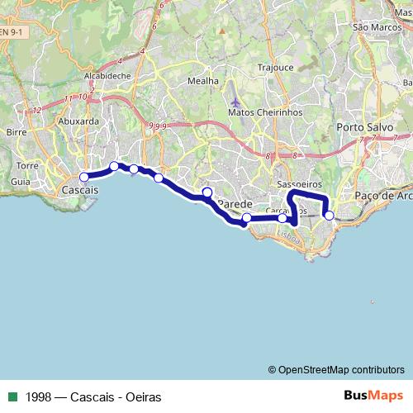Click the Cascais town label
(x=80, y=190)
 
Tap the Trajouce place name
(x=276, y=67)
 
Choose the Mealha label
(x=203, y=81)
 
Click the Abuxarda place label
(x=78, y=121)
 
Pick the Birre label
(x=16, y=131)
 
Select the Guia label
(x=21, y=180)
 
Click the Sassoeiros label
(x=298, y=183)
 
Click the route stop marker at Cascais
(x=83, y=177)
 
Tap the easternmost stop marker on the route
(x=329, y=215)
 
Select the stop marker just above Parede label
(x=207, y=192)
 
